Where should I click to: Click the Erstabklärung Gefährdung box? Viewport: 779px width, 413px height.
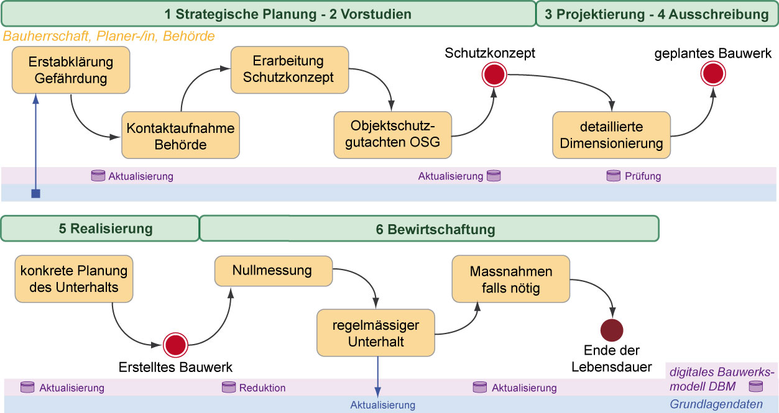click(x=71, y=70)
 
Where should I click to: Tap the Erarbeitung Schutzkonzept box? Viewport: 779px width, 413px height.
click(x=288, y=70)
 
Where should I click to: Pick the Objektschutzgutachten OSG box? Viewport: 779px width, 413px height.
click(x=393, y=134)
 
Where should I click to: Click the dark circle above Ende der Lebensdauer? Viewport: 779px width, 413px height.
click(x=612, y=329)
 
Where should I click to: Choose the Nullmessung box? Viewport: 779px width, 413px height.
click(x=272, y=271)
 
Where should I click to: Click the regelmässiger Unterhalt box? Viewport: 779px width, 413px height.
click(x=375, y=334)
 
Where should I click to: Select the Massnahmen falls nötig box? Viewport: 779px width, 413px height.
click(x=510, y=280)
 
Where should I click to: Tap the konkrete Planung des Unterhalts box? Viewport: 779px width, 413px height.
click(x=73, y=279)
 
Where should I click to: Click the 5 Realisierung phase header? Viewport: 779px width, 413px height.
click(x=99, y=229)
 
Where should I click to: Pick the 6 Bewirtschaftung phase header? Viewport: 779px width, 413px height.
click(x=428, y=229)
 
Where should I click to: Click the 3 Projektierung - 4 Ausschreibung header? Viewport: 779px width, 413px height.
click(x=657, y=14)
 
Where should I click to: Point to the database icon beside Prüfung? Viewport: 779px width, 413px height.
click(x=614, y=176)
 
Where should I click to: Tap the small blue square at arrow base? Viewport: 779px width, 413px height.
click(x=35, y=194)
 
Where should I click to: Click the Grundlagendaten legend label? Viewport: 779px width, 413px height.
click(x=716, y=404)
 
